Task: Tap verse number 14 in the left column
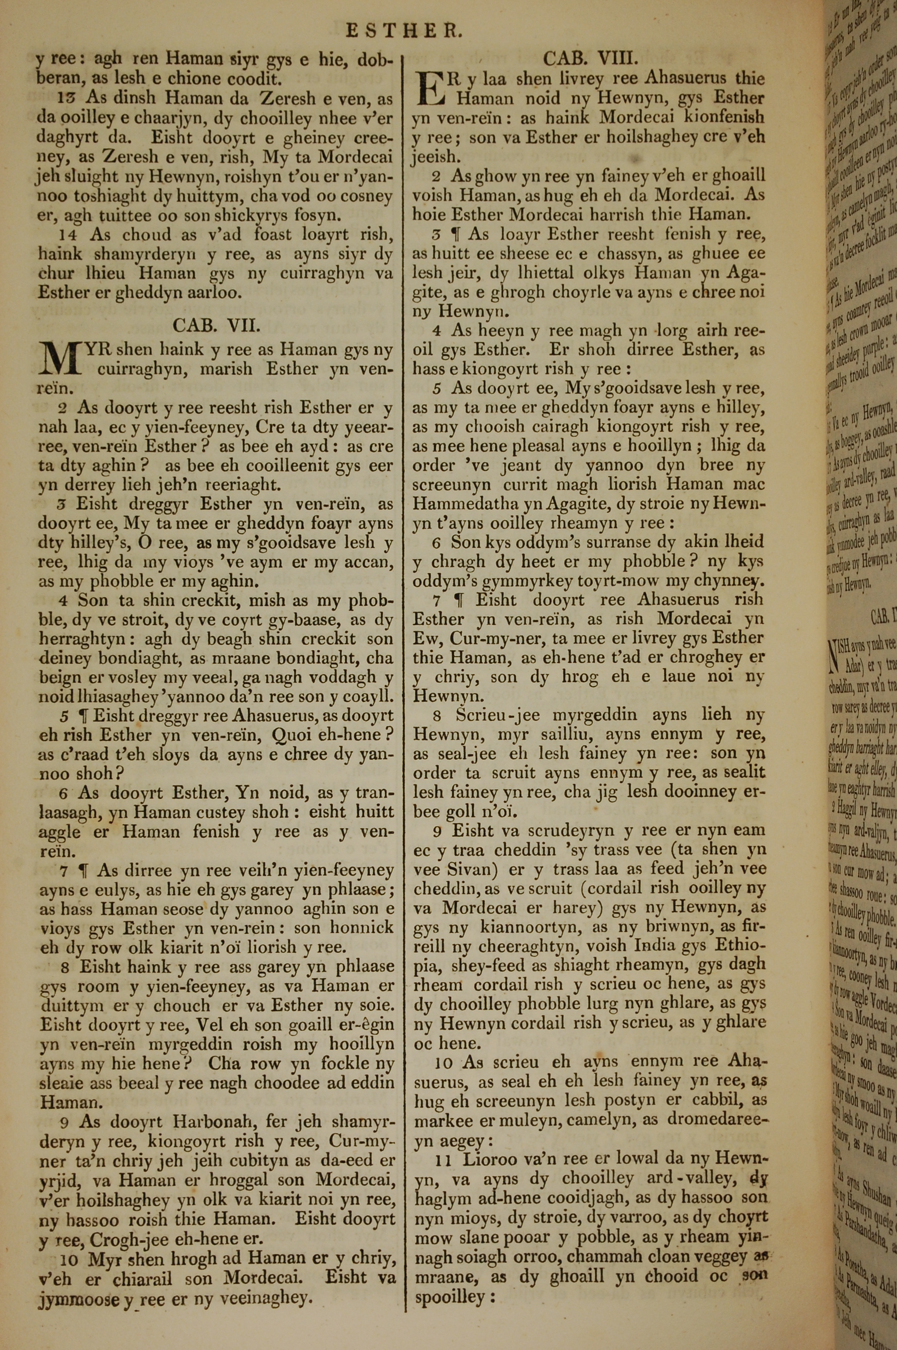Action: pyautogui.click(x=68, y=235)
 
